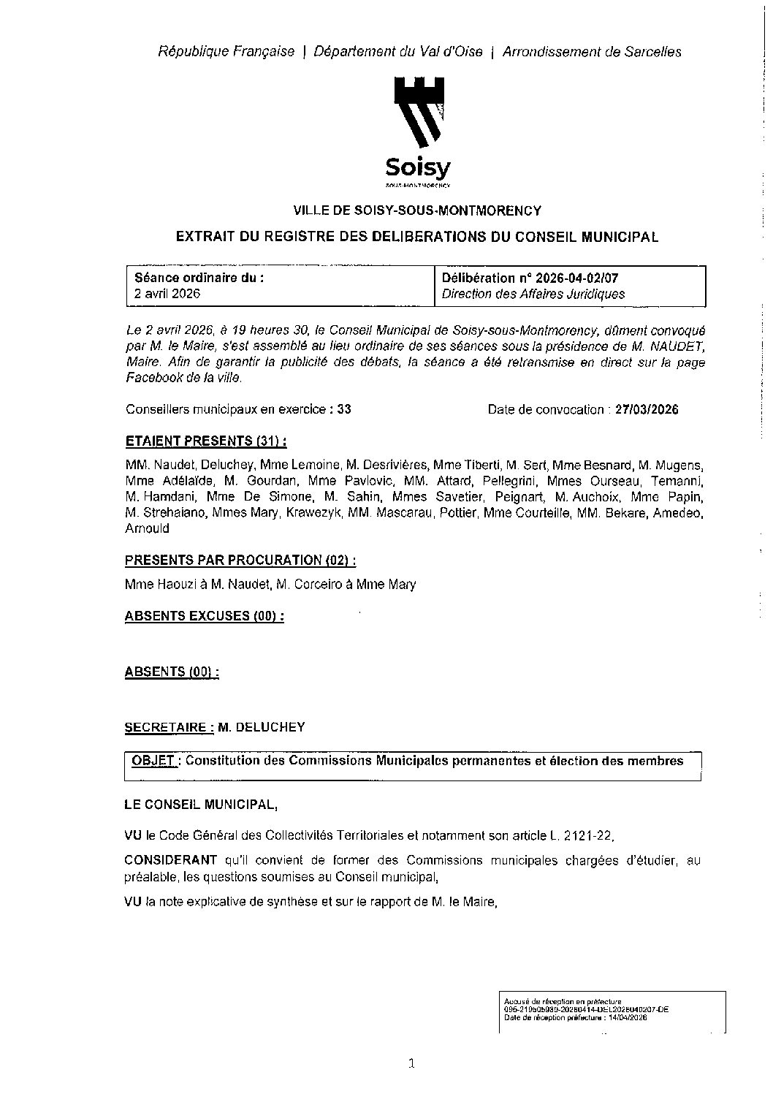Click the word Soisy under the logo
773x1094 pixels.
pyautogui.click(x=418, y=169)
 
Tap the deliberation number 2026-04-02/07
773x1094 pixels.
pyautogui.click(x=577, y=278)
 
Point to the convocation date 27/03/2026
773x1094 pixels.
pyautogui.click(x=647, y=410)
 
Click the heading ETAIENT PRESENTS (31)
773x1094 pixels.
pyautogui.click(x=205, y=441)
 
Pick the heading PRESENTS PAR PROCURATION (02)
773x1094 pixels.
pyautogui.click(x=240, y=561)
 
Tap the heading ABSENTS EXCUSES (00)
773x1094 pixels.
pyautogui.click(x=204, y=616)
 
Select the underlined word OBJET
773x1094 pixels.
pyautogui.click(x=153, y=761)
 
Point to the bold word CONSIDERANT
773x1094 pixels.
pyautogui.click(x=171, y=861)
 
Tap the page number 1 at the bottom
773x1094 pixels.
pyautogui.click(x=411, y=1064)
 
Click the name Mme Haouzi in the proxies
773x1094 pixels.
pyautogui.click(x=151, y=585)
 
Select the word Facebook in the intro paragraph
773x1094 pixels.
pyautogui.click(x=151, y=379)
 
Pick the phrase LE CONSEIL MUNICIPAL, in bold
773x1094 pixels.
pyautogui.click(x=201, y=805)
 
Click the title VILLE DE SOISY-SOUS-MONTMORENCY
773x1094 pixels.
pyautogui.click(x=417, y=211)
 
